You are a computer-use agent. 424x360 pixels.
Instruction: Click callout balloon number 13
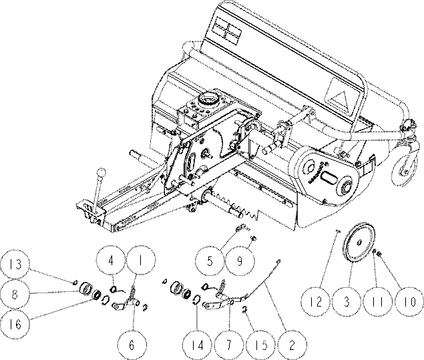point(15,264)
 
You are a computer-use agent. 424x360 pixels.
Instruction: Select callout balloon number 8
point(15,295)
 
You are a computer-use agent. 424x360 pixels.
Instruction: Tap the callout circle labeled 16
point(15,323)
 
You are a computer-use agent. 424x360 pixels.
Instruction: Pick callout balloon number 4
point(111,260)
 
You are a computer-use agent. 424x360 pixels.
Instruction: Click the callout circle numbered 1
point(141,260)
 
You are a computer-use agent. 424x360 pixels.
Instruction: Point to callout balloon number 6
point(132,345)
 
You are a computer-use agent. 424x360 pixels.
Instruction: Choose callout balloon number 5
point(210,261)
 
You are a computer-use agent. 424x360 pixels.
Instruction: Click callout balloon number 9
point(240,261)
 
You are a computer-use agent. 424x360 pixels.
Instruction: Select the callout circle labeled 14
point(198,345)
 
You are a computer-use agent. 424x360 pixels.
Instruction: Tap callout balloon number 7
point(229,345)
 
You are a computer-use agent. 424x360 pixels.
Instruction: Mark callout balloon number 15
point(261,345)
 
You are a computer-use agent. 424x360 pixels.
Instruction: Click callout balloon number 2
point(292,345)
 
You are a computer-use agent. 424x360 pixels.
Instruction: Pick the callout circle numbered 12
point(316,301)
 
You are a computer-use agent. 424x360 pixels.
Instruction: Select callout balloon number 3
point(347,301)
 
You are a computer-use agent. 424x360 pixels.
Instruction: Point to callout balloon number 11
point(378,301)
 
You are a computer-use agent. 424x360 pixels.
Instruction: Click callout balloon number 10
point(409,301)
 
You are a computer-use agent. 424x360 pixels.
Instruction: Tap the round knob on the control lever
point(101,172)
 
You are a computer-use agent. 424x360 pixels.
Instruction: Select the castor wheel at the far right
point(405,167)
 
